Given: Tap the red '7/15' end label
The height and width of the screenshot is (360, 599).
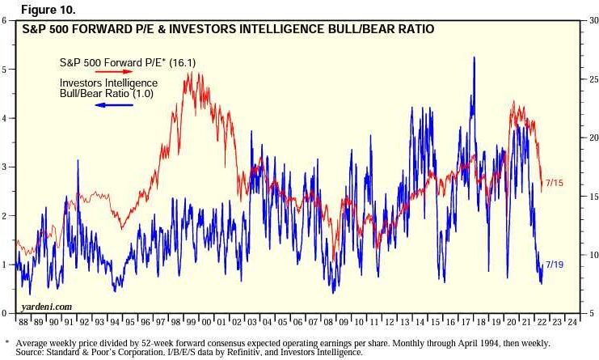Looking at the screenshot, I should pos(554,184).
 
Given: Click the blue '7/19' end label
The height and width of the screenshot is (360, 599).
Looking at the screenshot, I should pos(555,265).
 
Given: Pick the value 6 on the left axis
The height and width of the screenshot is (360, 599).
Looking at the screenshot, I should pos(5,19).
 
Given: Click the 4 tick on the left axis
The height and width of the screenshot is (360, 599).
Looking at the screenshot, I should pos(5,118).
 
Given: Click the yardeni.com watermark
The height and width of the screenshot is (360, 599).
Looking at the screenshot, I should pos(48,307).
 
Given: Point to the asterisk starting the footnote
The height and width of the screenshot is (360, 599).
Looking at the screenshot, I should pos(6,342).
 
